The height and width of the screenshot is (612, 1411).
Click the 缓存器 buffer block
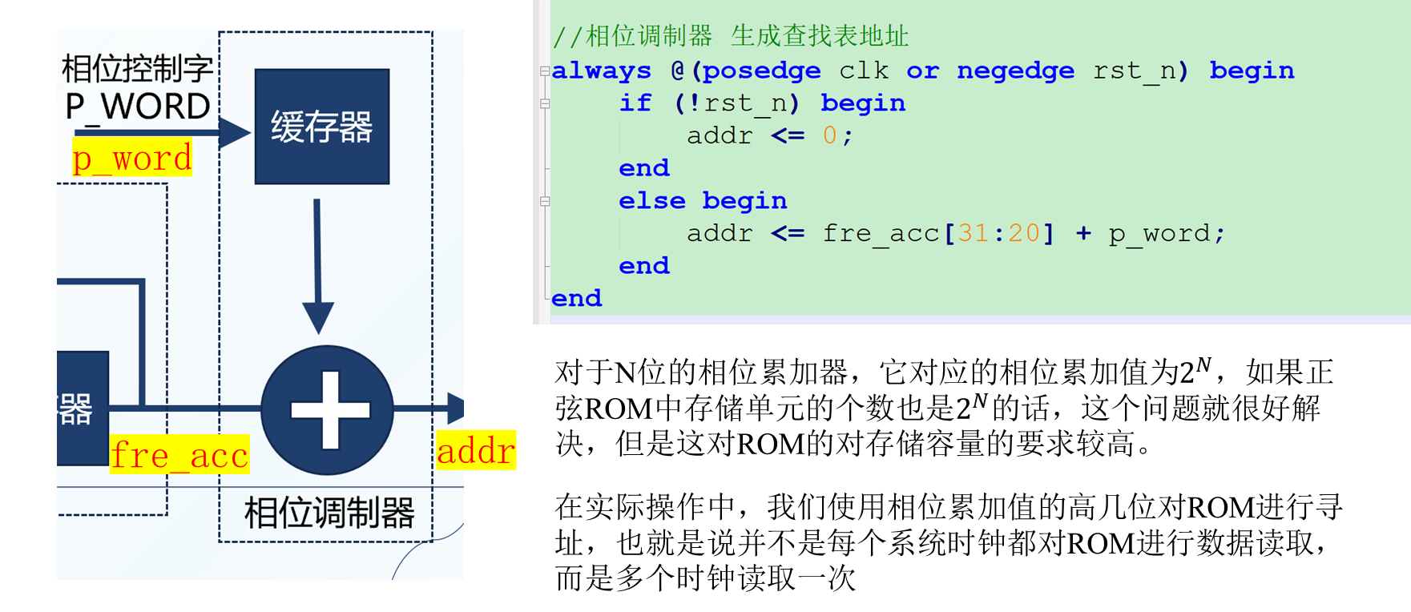tap(322, 127)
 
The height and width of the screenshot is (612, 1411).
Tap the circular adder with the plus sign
tap(327, 410)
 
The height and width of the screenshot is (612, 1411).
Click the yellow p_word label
tap(132, 158)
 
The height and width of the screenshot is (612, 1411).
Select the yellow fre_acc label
tap(179, 454)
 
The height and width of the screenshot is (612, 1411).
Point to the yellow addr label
tap(476, 450)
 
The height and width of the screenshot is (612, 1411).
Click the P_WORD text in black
tap(138, 107)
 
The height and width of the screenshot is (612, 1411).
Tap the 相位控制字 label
tap(138, 69)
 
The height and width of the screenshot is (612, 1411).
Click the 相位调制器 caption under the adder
tap(329, 513)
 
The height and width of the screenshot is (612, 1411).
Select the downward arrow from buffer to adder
tap(318, 264)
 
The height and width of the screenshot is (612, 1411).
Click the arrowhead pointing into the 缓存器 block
tap(235, 133)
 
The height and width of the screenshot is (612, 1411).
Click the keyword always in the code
tap(602, 70)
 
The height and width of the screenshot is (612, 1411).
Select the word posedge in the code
tap(761, 70)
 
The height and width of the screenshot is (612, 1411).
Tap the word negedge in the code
tap(1015, 70)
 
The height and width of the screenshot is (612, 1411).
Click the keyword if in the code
tap(635, 103)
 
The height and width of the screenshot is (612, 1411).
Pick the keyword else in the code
tap(651, 201)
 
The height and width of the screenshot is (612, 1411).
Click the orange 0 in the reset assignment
tap(829, 135)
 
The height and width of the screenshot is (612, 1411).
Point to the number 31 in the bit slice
tap(973, 233)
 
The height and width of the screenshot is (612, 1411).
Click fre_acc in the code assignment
tap(881, 233)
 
